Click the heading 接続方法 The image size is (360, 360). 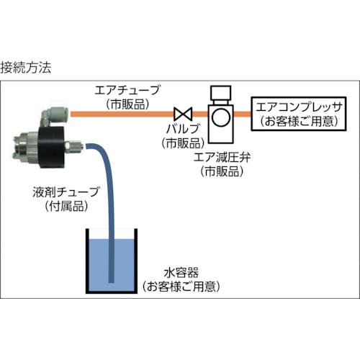coord(26,68)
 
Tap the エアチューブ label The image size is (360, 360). coord(127,91)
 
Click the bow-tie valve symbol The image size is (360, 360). coord(184,114)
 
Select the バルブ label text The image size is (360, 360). coord(183,129)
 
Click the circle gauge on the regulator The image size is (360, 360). coord(221,117)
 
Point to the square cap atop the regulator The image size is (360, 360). coord(220,93)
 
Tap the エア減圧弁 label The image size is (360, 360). coord(222,158)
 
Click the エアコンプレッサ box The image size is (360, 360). coord(299,114)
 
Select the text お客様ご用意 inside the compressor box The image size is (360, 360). coord(299,121)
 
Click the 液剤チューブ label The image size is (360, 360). coord(66,192)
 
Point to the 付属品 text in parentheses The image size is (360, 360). coord(66,206)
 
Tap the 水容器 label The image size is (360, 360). coord(181,273)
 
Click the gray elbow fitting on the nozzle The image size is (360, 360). coord(55,116)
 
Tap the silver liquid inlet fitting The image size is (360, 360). coord(74,145)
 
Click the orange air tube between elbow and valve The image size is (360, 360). coord(122,114)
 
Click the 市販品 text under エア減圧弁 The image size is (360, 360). coord(222,171)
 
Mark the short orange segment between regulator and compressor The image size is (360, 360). coord(242,114)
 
